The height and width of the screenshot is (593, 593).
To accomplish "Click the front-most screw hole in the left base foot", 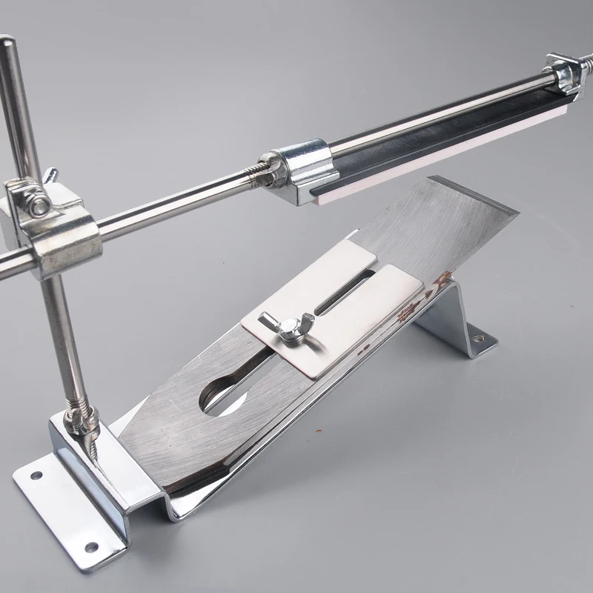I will [x=92, y=546].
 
